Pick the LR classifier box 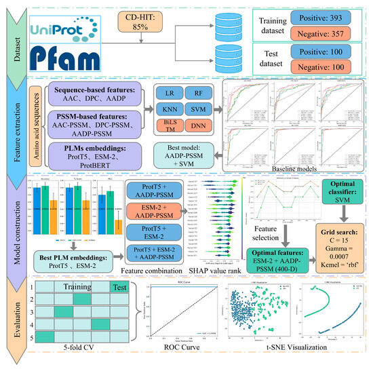(170, 94)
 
